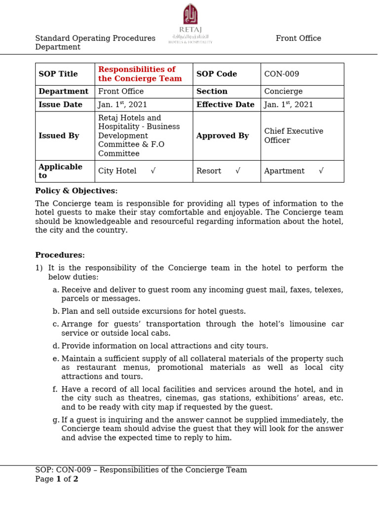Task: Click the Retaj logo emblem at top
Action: tap(190, 14)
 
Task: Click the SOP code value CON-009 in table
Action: tap(281, 74)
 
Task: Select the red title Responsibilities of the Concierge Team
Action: tap(140, 74)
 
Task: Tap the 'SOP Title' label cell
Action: tap(58, 74)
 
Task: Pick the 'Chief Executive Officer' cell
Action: tap(294, 136)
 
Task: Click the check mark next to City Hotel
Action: tap(153, 171)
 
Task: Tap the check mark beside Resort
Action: tap(238, 171)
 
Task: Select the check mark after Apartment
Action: tap(321, 171)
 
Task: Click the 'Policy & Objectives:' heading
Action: tap(76, 191)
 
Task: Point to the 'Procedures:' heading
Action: tap(60, 255)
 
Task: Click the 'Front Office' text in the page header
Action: tap(298, 38)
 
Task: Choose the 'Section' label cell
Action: tap(212, 92)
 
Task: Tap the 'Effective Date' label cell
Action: tap(225, 105)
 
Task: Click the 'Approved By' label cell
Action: tap(222, 136)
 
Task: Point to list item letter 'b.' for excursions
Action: tap(56, 312)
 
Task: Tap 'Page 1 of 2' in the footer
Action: tap(57, 479)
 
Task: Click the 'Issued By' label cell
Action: tap(59, 136)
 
